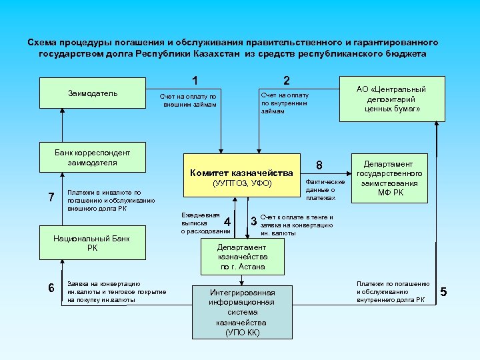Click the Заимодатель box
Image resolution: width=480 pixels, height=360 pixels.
93,93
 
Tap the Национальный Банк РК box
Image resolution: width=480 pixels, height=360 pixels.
93,243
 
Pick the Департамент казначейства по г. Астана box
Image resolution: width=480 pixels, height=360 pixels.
242,257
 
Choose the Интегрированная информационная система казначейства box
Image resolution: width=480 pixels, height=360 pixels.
242,311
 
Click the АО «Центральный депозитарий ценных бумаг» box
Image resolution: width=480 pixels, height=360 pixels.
391,99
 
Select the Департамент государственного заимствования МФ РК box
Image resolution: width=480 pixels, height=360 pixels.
389,179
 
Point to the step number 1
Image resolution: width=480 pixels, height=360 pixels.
195,81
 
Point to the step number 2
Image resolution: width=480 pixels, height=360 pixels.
286,81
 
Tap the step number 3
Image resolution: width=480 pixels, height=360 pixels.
253,221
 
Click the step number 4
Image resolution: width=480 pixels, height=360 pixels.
228,221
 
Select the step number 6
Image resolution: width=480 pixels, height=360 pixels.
51,287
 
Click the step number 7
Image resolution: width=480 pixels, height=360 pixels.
51,197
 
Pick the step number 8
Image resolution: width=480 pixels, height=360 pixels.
319,165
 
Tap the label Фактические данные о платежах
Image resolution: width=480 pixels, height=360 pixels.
325,189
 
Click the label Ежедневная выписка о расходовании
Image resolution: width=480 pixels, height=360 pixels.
201,223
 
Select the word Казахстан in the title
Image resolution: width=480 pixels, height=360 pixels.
219,54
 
